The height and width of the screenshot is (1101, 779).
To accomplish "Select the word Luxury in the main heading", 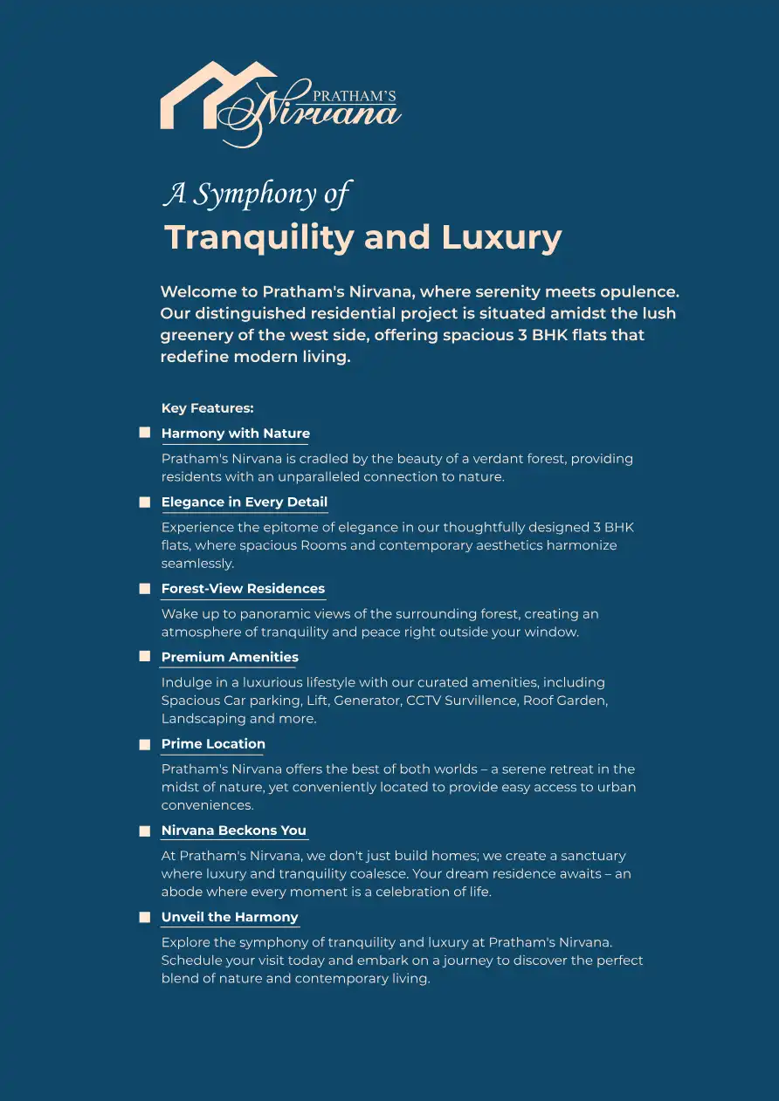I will pyautogui.click(x=501, y=237).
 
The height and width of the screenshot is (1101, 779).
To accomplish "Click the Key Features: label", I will pyautogui.click(x=207, y=408).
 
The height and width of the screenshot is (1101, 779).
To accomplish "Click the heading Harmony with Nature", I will pyautogui.click(x=235, y=434).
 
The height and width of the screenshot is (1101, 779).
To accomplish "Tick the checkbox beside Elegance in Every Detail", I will pyautogui.click(x=145, y=503).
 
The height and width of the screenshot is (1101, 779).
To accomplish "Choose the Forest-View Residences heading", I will pyautogui.click(x=243, y=589).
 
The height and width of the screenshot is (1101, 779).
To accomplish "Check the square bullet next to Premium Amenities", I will pyautogui.click(x=145, y=657).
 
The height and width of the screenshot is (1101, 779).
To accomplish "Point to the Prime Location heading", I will pyautogui.click(x=213, y=744).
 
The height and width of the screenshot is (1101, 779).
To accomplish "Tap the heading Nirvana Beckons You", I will pyautogui.click(x=233, y=831).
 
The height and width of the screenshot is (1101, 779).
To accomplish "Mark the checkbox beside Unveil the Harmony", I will pyautogui.click(x=145, y=917).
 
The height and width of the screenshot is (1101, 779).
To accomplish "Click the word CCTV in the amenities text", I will pyautogui.click(x=424, y=701).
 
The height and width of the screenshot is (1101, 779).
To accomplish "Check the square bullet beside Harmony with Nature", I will pyautogui.click(x=145, y=433).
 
